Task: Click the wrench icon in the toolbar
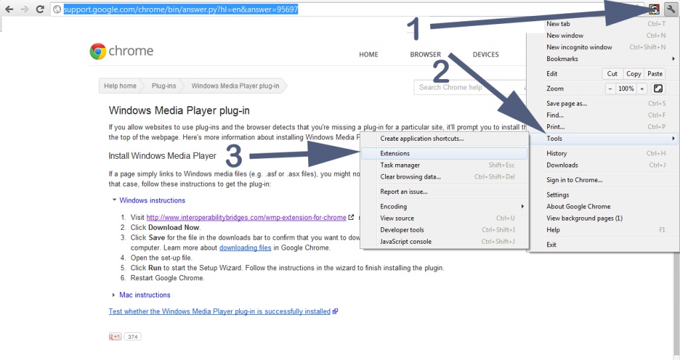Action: coord(671,9)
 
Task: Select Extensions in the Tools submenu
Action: coord(394,153)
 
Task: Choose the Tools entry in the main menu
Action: coord(554,138)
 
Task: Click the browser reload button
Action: coord(40,9)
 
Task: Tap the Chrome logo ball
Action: coord(98,51)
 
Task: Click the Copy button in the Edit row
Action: coord(634,74)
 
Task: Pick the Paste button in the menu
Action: coord(655,74)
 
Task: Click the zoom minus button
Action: coord(610,88)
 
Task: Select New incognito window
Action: coord(579,47)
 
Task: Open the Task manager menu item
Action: coord(400,165)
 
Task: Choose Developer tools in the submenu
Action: coord(402,229)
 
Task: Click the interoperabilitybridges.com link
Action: coord(246,217)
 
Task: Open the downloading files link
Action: coord(245,248)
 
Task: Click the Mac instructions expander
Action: coord(145,295)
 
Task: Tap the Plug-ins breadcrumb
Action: coord(164,86)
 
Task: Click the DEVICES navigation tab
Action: coord(485,54)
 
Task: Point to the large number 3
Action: coord(234,155)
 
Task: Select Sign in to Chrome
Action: coord(574,179)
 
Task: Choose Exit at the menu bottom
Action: coord(551,244)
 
